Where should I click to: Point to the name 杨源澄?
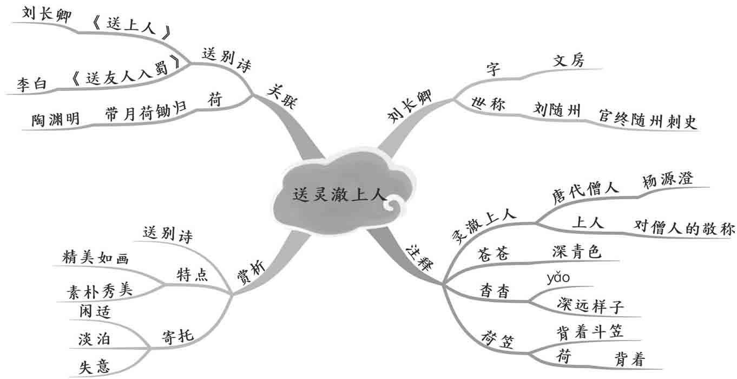(667, 180)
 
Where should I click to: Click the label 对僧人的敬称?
(684, 228)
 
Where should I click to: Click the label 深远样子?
(590, 306)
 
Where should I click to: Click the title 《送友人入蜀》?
(125, 79)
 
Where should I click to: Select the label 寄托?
(177, 336)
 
